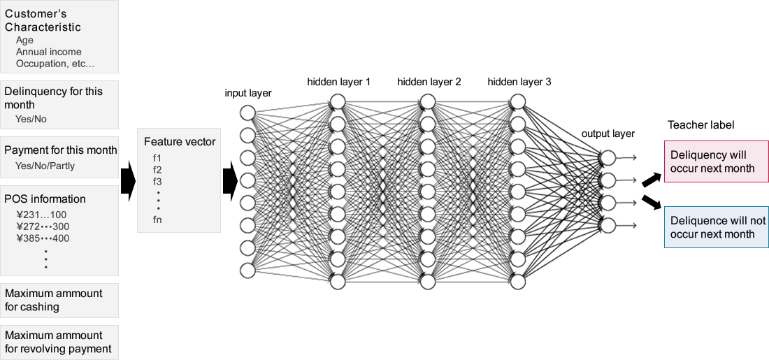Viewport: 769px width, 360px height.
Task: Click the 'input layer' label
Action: click(x=248, y=93)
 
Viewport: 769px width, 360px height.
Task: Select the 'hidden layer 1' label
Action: click(x=339, y=82)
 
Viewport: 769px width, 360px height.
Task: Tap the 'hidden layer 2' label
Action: click(x=429, y=82)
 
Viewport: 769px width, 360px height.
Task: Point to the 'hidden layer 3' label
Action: click(x=519, y=82)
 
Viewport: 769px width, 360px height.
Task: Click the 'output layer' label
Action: click(x=608, y=134)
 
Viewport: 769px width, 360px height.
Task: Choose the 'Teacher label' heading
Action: click(x=701, y=125)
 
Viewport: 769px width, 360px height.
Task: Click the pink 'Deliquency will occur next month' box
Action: click(x=715, y=161)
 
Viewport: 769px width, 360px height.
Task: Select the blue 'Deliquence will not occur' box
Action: click(x=715, y=227)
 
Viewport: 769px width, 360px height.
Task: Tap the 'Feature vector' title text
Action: click(x=180, y=142)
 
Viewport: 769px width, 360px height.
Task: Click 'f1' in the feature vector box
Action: click(x=157, y=158)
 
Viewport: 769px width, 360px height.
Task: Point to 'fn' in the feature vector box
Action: click(x=157, y=219)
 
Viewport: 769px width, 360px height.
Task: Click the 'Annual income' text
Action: click(x=48, y=52)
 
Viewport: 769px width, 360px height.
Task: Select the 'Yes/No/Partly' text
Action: click(x=45, y=166)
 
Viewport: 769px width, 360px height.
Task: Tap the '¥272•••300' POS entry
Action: click(x=43, y=226)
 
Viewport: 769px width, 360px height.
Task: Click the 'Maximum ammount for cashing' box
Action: click(x=59, y=300)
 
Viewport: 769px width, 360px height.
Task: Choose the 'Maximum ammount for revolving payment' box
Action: click(x=59, y=342)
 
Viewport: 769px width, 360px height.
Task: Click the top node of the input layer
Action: click(x=247, y=113)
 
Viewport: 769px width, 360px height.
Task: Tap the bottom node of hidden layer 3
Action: click(x=517, y=281)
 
